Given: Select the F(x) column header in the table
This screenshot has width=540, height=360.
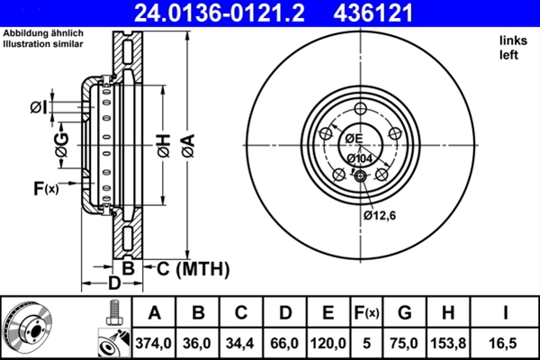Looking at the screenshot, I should tap(366, 312).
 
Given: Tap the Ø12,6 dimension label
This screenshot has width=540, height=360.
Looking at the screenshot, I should tap(381, 215).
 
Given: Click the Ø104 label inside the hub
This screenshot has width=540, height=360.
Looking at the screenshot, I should tap(359, 157).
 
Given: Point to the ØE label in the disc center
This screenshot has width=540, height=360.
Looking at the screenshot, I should tap(353, 138).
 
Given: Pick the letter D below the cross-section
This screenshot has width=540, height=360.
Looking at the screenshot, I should tap(113, 285).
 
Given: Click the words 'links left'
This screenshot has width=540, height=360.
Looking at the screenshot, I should tap(511, 48).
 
